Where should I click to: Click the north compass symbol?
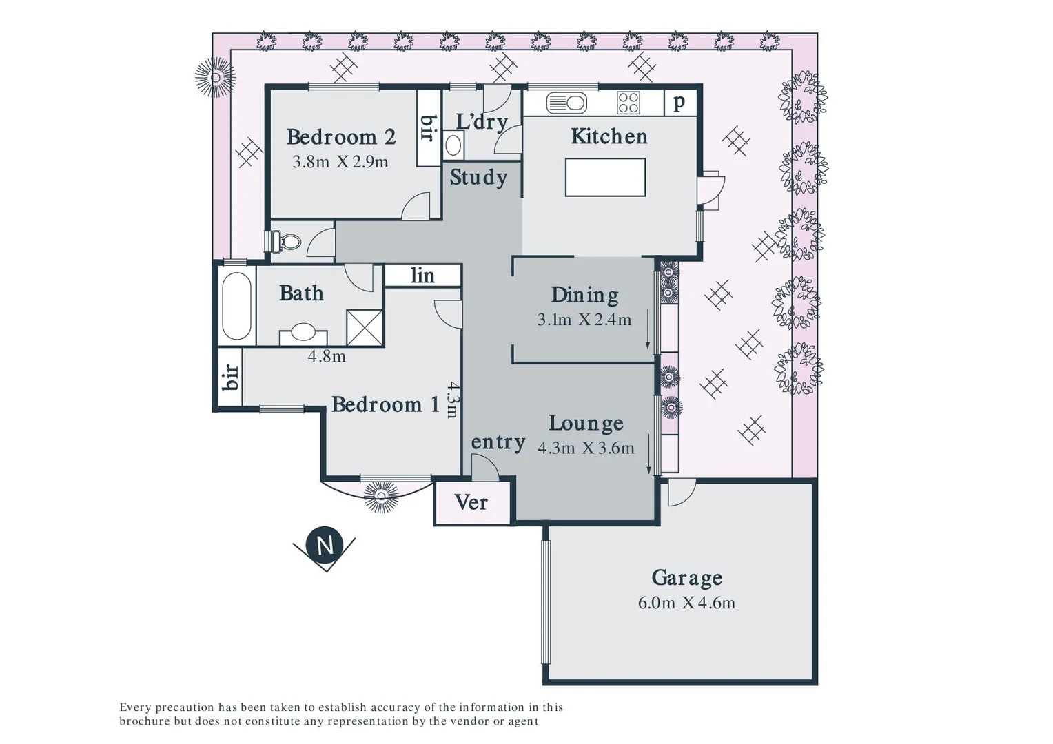point(325,545)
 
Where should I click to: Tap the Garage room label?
point(686,577)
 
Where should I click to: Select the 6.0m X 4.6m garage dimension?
point(686,603)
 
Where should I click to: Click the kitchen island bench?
point(605,177)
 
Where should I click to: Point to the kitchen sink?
point(566,103)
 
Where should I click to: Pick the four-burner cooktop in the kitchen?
point(628,103)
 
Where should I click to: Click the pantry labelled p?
point(679,102)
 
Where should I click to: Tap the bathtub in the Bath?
point(236,307)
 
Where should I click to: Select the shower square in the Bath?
point(365,327)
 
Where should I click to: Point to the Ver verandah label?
point(471,503)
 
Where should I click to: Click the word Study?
point(478,178)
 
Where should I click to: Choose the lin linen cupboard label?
point(422,276)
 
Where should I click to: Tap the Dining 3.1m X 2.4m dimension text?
point(584,320)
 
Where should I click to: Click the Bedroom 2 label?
point(341,137)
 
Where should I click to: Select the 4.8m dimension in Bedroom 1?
point(327,356)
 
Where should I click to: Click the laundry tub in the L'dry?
point(453,145)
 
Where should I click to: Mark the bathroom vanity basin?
point(303,333)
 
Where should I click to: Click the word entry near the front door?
point(498,442)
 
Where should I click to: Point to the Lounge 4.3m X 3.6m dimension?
point(586,448)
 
